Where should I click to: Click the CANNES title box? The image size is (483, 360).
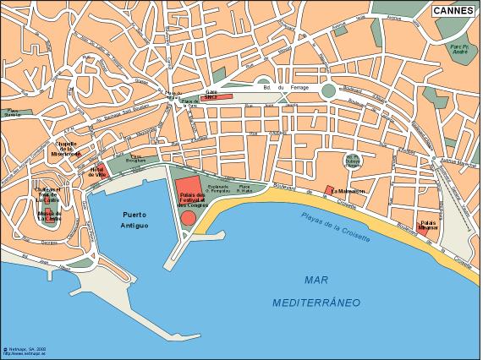pyautogui.click(x=454, y=11)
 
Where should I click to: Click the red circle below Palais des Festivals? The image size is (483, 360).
pyautogui.click(x=189, y=217)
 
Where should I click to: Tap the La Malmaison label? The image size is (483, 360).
pyautogui.click(x=349, y=191)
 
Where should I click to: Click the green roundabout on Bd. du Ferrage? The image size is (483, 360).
pyautogui.click(x=327, y=89)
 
